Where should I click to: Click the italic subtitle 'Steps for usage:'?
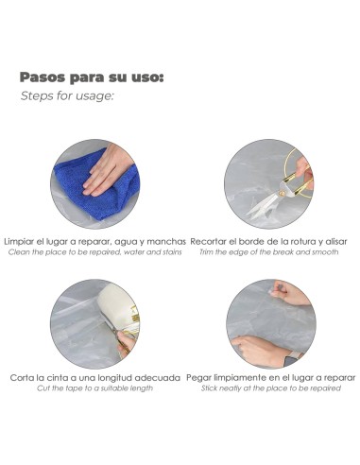pos(67,96)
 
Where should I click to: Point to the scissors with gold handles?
pos(283,189)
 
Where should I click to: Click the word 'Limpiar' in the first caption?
pos(22,241)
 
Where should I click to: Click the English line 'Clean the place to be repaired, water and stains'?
pos(94,252)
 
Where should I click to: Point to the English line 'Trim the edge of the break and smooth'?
pos(268,252)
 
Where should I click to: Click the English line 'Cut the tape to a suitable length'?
pos(95,388)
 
